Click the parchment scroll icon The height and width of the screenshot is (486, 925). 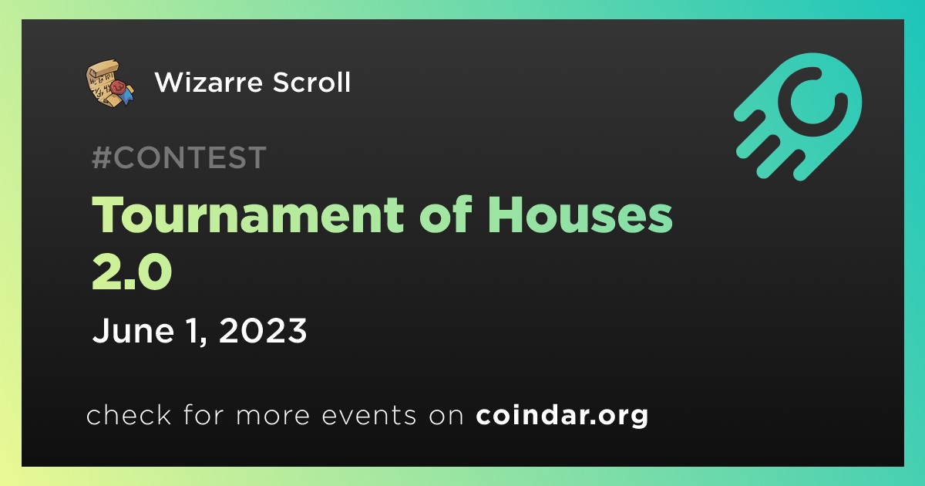[109, 83]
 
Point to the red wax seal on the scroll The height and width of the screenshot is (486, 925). [118, 88]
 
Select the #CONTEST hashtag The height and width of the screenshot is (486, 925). [179, 157]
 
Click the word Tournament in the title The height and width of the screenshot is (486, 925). [247, 215]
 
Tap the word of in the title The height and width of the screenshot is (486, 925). [446, 214]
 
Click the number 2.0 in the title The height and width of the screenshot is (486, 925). [132, 272]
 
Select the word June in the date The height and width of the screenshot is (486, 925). [133, 331]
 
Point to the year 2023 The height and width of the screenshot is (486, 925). [263, 330]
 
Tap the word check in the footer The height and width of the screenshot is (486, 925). [129, 414]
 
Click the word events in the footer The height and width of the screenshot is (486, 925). [369, 415]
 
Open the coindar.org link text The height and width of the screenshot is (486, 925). [562, 415]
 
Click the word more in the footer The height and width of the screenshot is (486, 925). [273, 415]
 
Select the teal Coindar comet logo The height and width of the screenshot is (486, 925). [798, 117]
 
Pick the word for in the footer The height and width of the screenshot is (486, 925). [203, 414]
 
